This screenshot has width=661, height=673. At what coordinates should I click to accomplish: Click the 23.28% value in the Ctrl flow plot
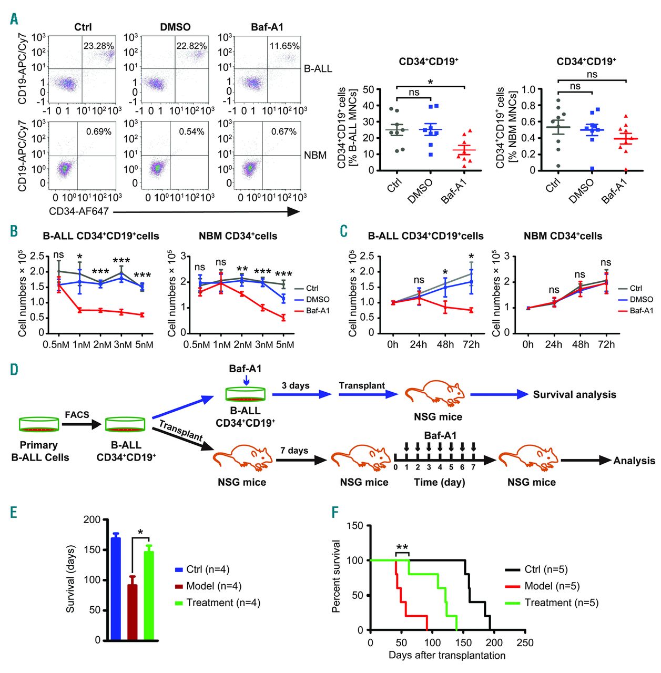click(x=98, y=46)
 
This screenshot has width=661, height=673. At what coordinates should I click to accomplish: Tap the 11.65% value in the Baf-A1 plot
click(x=284, y=46)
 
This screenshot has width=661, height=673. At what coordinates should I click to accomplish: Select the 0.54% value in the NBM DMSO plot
click(x=191, y=131)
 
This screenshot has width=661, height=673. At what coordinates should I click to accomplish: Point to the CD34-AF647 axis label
click(x=79, y=211)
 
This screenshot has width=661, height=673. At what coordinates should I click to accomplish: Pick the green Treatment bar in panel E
click(x=149, y=595)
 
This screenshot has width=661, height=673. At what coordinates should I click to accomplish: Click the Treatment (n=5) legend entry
click(x=561, y=603)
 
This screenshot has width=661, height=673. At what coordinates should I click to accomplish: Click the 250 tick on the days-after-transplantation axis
click(x=525, y=643)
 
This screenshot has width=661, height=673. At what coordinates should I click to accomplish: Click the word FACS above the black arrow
click(x=77, y=414)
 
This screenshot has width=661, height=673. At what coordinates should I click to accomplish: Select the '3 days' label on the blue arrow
click(x=296, y=386)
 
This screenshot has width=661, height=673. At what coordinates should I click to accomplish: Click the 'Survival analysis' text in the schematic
click(x=574, y=394)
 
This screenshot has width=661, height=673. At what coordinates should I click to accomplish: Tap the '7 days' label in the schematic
click(x=294, y=451)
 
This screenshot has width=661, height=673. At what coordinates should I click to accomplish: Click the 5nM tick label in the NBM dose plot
click(x=284, y=344)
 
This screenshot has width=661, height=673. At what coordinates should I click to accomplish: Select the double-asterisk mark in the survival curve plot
click(x=402, y=547)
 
